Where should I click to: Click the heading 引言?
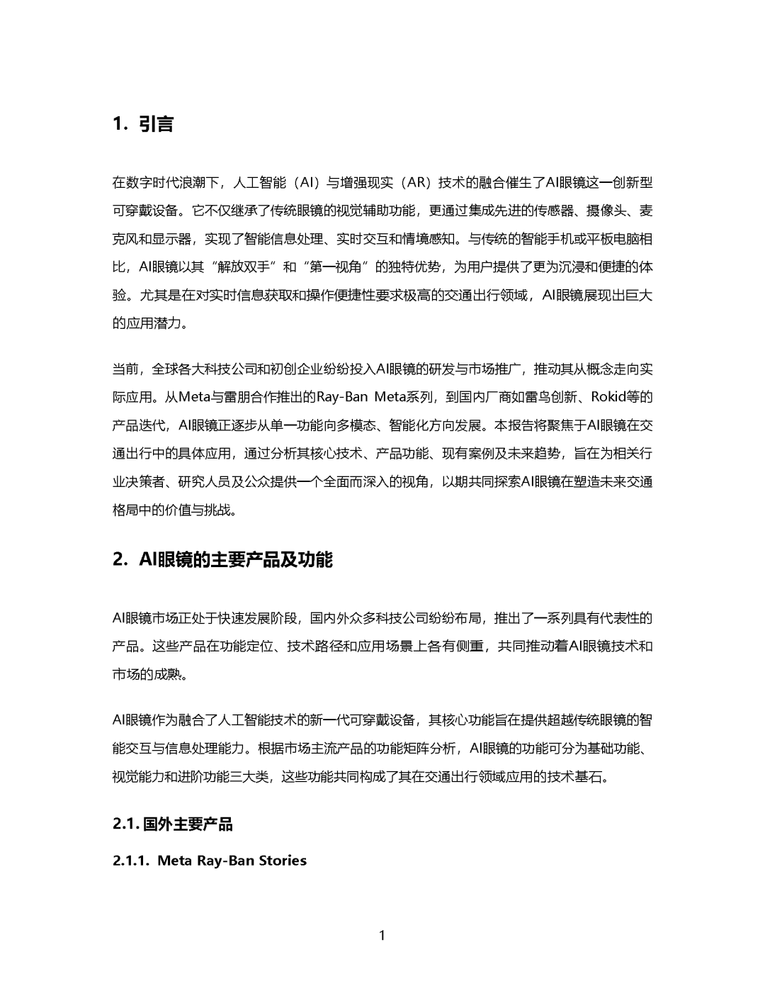(x=156, y=125)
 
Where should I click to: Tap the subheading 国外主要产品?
(x=188, y=824)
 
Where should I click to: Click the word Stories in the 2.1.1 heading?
(x=282, y=861)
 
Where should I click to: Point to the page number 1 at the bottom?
(x=382, y=935)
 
